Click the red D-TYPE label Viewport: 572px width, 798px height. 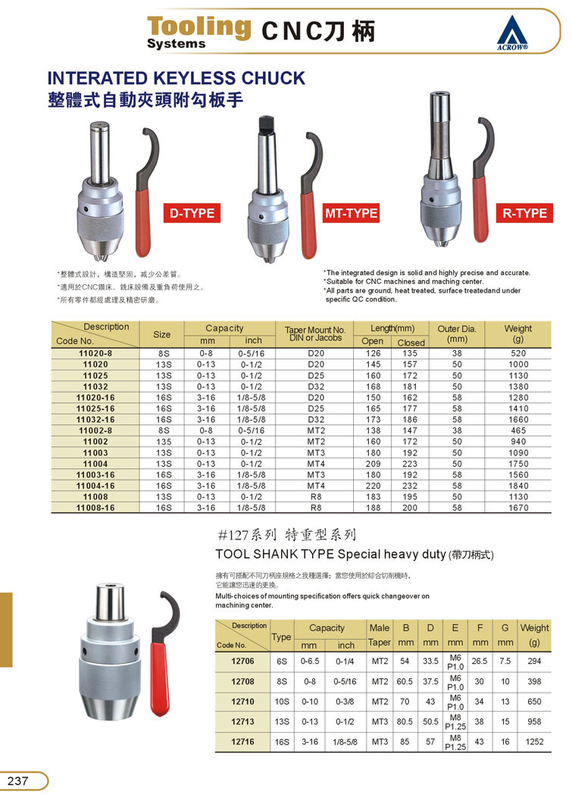point(192,214)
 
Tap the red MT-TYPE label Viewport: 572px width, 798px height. point(351,213)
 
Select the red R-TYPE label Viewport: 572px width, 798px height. point(524,213)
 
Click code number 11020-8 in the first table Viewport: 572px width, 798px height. point(95,353)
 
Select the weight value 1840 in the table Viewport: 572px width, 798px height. point(518,486)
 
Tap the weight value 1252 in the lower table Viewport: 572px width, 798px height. point(534,743)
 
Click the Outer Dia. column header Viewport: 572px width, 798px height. point(457,334)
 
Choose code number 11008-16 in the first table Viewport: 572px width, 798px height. point(95,508)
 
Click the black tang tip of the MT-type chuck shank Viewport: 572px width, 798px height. point(265,123)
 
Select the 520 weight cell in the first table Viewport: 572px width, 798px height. point(518,353)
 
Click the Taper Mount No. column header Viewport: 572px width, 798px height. point(315,334)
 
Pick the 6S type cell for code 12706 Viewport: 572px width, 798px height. point(282,661)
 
